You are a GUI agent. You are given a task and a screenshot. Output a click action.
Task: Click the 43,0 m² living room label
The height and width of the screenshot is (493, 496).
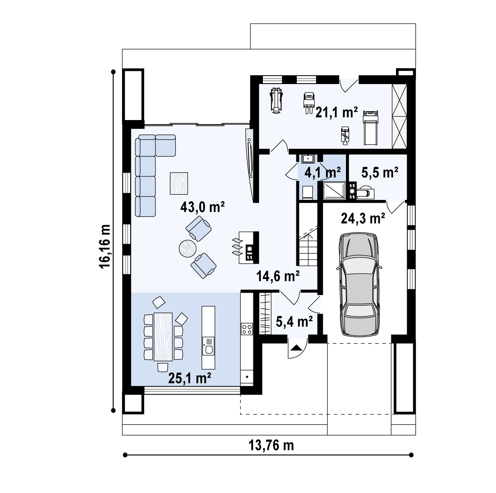click(x=202, y=207)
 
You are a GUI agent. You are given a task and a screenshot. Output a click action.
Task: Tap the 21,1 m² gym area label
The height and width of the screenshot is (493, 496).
click(x=336, y=112)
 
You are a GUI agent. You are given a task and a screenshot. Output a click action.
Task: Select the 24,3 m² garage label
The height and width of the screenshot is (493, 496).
click(x=363, y=218)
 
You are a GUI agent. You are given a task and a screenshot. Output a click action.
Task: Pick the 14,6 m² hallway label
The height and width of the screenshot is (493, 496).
click(x=278, y=276)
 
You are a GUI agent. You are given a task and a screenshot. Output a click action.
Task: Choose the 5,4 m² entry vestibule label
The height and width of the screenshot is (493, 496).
click(x=294, y=322)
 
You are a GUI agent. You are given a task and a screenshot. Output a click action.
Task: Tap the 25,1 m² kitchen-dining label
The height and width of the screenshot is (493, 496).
click(x=190, y=378)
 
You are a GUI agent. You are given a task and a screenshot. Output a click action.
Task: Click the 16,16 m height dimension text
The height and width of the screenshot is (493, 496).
click(x=105, y=247)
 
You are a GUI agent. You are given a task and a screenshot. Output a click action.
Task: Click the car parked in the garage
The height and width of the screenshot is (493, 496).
click(x=359, y=285)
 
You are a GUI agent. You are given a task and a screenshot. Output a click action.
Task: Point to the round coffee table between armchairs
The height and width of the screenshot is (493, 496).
click(x=188, y=248)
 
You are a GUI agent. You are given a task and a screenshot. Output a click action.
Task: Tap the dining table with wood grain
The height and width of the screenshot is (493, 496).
click(x=163, y=337)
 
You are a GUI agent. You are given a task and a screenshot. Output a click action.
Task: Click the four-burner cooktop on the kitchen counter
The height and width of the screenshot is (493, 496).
click(x=247, y=329)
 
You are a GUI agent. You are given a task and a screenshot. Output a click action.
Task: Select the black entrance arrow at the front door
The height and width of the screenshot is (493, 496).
click(x=296, y=348)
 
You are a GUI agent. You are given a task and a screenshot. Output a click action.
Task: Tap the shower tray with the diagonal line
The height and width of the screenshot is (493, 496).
click(x=334, y=190)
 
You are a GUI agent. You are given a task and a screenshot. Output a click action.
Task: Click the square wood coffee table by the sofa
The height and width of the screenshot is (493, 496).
click(x=179, y=183)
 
